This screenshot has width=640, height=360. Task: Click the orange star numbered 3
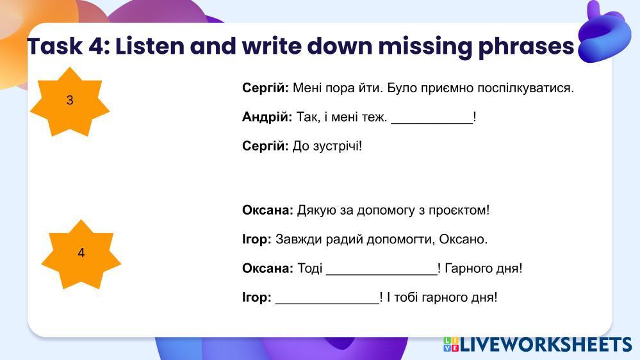click(70, 102)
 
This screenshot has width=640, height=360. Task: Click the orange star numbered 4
click(81, 254)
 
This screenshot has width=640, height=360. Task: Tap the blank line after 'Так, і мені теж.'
click(432, 122)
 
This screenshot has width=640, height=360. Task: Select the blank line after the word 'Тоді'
click(382, 274)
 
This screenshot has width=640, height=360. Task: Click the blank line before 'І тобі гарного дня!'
click(327, 303)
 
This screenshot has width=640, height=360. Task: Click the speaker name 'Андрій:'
click(267, 117)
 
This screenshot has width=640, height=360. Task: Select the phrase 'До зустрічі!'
click(327, 146)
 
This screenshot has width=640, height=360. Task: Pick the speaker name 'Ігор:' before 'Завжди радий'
click(257, 239)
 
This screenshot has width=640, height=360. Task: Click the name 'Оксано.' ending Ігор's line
click(463, 239)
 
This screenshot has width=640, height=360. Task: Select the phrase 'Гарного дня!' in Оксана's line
click(483, 268)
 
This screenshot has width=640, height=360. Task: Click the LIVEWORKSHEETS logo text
click(545, 345)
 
